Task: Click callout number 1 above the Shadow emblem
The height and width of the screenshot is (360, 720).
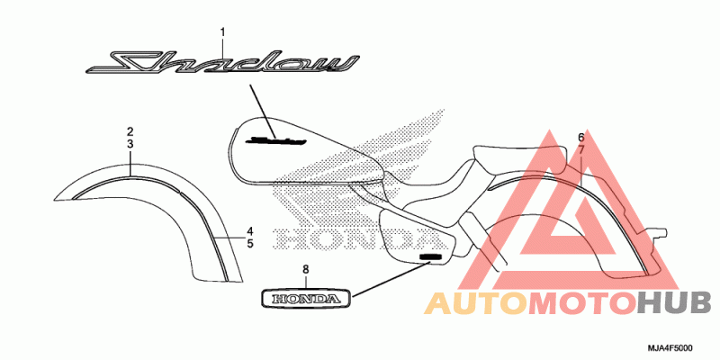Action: coord(222,32)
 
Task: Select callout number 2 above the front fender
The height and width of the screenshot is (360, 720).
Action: coord(130,131)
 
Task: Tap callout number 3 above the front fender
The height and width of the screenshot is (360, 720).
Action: coord(130,144)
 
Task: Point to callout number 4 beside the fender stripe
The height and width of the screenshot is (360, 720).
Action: coord(250,231)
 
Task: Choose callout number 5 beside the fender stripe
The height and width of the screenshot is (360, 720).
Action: coord(250,243)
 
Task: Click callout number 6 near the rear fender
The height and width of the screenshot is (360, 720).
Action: coord(580,137)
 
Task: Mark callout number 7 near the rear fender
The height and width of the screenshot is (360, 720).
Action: coord(580,149)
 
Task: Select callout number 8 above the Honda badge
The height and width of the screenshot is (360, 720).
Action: coord(306,269)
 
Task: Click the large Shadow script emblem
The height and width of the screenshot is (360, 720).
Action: coord(222,64)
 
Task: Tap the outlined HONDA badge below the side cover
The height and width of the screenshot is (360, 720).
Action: coord(306,299)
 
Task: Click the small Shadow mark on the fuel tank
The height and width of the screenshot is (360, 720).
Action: coord(275,139)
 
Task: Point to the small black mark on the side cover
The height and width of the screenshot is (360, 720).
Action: coord(432,256)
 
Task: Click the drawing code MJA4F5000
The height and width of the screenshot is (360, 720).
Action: coord(670,348)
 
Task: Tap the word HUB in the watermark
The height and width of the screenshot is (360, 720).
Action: coord(674,303)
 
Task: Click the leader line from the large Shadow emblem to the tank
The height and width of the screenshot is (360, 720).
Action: coord(263,111)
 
